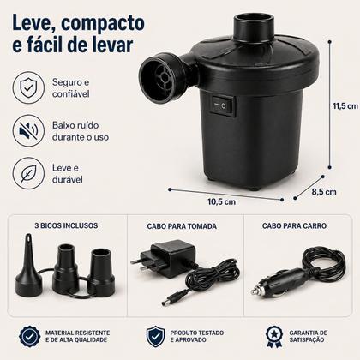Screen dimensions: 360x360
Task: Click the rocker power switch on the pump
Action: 223,106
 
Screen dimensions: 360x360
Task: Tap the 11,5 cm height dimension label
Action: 345,106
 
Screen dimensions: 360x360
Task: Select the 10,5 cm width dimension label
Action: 222,201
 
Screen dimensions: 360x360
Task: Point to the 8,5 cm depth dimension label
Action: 324,192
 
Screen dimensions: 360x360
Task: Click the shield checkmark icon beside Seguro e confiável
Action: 28,87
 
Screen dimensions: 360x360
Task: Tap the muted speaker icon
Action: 28,130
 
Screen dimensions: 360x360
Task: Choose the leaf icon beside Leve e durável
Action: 28,173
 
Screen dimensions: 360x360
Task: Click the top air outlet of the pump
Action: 254,26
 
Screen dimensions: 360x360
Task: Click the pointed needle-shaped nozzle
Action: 28,267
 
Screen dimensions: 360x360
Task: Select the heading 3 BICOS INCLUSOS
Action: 66,225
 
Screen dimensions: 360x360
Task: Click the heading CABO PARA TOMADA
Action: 182,226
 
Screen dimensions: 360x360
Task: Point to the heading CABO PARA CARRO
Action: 294,225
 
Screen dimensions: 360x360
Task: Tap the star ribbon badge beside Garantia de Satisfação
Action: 274,336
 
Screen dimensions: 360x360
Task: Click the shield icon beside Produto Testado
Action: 155,337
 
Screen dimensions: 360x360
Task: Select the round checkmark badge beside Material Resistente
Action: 30,336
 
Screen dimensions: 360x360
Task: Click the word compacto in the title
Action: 103,24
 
